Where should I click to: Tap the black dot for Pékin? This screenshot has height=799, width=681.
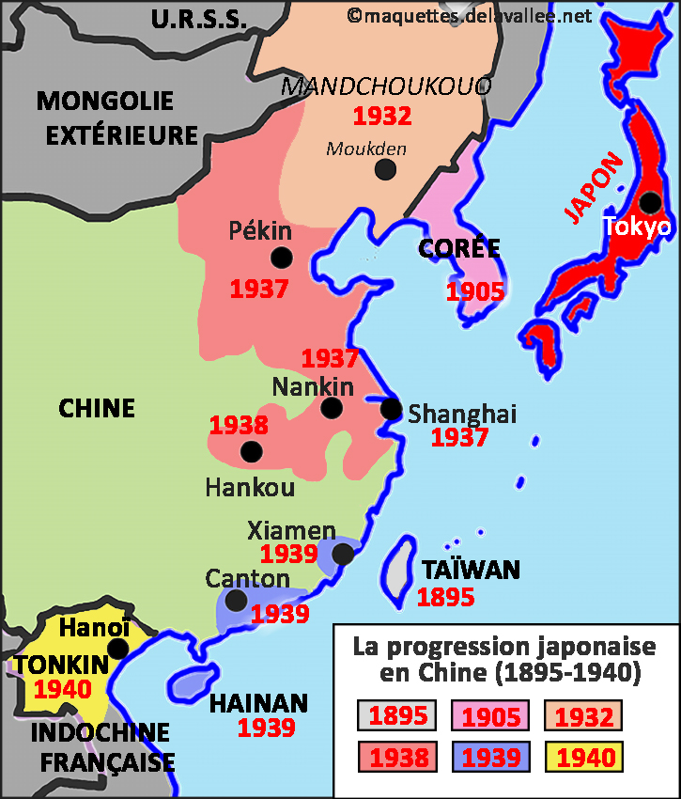pyautogui.click(x=281, y=258)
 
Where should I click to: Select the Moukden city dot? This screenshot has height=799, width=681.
pyautogui.click(x=384, y=169)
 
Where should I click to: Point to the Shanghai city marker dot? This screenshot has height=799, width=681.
pyautogui.click(x=391, y=409)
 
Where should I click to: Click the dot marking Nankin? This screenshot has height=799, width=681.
pyautogui.click(x=331, y=408)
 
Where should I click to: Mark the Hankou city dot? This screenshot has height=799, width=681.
pyautogui.click(x=251, y=451)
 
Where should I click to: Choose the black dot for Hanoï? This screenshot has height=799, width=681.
pyautogui.click(x=118, y=649)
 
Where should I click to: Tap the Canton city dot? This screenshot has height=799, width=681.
pyautogui.click(x=237, y=600)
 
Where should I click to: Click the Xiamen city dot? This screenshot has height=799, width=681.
pyautogui.click(x=343, y=555)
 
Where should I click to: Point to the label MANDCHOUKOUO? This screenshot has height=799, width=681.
pyautogui.click(x=386, y=87)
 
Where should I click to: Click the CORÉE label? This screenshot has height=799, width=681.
pyautogui.click(x=458, y=248)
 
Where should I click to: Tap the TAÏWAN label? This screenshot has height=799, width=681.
pyautogui.click(x=471, y=570)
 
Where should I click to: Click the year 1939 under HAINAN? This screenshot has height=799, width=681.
pyautogui.click(x=266, y=727)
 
